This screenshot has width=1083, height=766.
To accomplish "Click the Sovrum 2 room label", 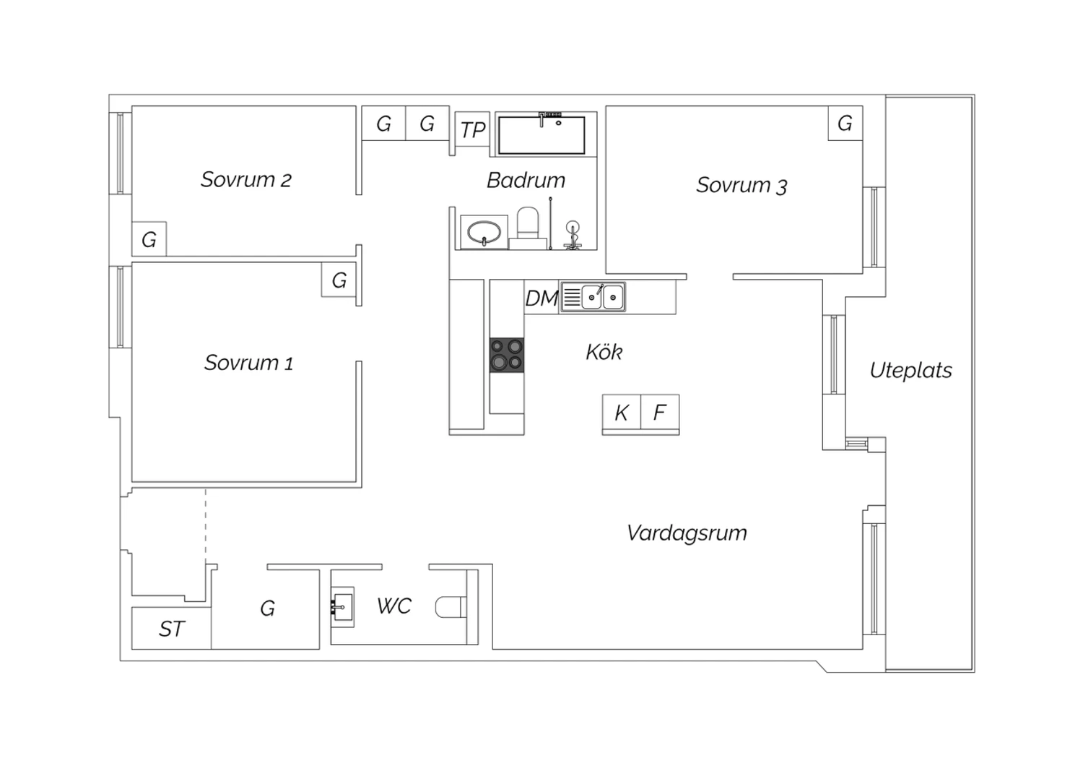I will coord(245,180).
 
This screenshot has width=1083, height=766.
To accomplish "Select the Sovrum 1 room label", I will coord(248,363).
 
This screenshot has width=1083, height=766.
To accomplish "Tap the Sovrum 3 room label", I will coord(741,186).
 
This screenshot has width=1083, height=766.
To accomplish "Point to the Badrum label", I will coord(526,181).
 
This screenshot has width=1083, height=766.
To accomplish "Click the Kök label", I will coord(604,353).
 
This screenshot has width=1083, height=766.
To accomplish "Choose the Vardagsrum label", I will coord(687,533).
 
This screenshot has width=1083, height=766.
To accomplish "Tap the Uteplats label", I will coord(910,371).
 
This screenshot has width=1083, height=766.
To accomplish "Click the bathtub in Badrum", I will coord(541,135).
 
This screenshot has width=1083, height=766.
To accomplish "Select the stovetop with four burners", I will coord(507,355).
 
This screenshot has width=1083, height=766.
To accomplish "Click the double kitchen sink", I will coord(602,297).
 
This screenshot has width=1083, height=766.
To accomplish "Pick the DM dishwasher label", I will coord(541,298).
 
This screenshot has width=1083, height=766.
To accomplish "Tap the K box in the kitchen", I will coord(622,413).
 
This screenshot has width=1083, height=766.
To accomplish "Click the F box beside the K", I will coord(660,413).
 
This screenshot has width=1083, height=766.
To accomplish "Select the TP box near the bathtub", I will coord(473,130).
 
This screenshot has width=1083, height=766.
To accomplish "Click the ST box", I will coord(172,629).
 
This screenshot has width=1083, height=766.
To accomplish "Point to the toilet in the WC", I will coord(451,606).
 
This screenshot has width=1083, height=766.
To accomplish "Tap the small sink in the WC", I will coord(342,606).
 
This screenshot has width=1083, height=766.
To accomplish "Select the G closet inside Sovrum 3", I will coord(845,124).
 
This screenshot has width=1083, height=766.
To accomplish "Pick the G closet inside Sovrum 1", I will coord(339,280).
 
